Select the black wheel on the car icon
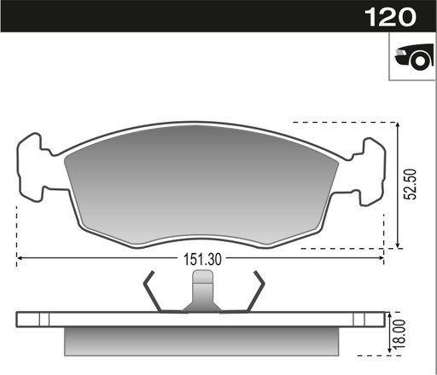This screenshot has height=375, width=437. pyautogui.click(x=417, y=61)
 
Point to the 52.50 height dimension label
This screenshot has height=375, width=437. pyautogui.click(x=411, y=182)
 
